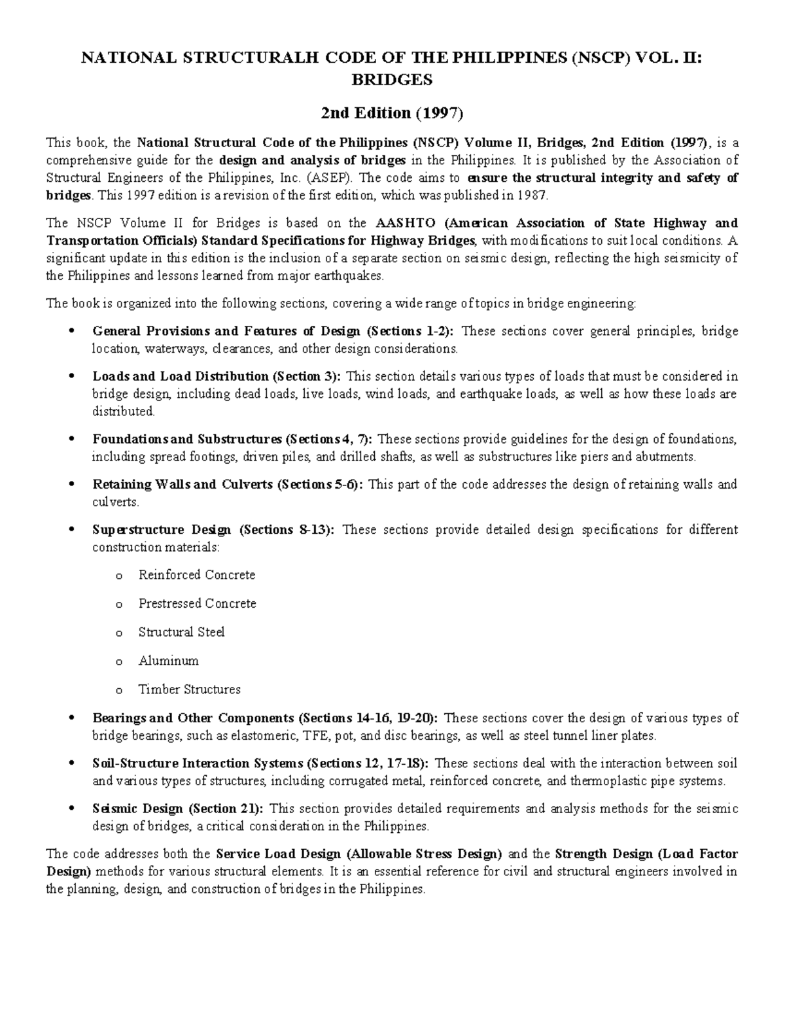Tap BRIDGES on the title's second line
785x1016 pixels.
[x=392, y=80]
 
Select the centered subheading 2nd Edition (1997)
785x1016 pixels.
[x=392, y=113]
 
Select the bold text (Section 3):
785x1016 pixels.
[x=307, y=376]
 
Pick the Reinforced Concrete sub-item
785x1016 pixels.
[x=196, y=575]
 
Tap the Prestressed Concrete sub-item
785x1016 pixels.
[x=197, y=603]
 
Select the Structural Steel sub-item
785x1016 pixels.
[x=181, y=632]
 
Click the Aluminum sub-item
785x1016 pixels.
[x=168, y=661]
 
